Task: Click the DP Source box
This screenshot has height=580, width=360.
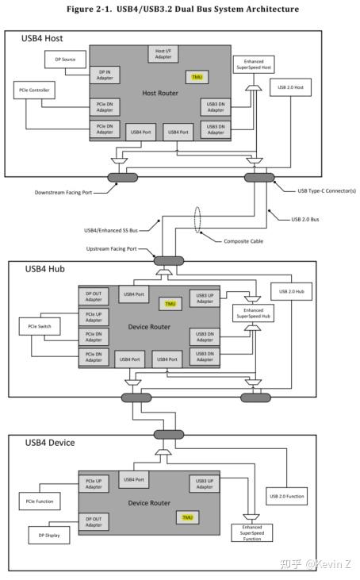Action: (x=66, y=60)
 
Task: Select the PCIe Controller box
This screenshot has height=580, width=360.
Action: (x=34, y=90)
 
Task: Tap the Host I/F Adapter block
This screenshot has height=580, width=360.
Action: (x=163, y=54)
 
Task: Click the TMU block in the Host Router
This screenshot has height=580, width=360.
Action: (x=197, y=77)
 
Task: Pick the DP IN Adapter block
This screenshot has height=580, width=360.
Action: (x=105, y=75)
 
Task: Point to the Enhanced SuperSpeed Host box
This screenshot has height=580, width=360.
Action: (x=254, y=65)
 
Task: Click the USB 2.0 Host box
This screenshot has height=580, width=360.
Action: (x=290, y=87)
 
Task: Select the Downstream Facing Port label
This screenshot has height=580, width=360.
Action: (x=63, y=192)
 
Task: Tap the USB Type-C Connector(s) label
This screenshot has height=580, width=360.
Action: (x=327, y=191)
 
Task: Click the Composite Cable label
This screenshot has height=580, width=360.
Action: (x=243, y=241)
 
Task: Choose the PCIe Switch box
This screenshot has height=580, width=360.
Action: (x=40, y=326)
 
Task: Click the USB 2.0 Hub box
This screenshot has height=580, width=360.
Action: (x=292, y=291)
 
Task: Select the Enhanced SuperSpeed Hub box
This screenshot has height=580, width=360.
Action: (x=253, y=313)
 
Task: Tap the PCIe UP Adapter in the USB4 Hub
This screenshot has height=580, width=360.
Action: (x=94, y=317)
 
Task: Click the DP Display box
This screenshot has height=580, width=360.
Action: (x=49, y=536)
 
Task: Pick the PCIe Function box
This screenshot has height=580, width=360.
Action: (x=40, y=501)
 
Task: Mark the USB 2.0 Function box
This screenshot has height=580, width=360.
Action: (x=287, y=497)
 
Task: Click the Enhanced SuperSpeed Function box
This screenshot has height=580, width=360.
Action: (x=252, y=533)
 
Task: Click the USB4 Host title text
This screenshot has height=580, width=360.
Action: (x=42, y=38)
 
